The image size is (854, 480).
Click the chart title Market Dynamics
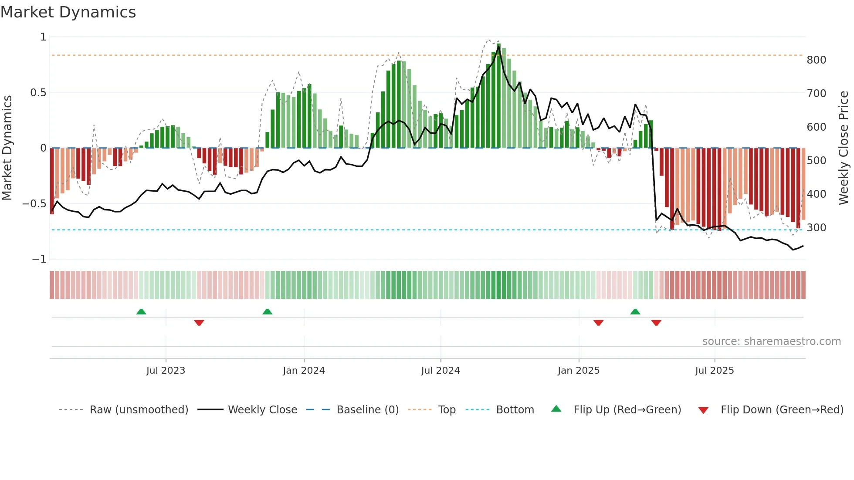(68, 12)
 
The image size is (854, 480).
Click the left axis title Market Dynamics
(7, 148)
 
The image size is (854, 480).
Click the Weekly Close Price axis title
(844, 148)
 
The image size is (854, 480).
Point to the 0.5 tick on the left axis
(38, 93)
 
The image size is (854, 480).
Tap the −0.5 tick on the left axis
(34, 204)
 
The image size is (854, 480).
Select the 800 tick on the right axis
(816, 60)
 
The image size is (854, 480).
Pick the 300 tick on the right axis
(816, 228)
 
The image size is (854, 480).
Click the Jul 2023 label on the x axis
(166, 371)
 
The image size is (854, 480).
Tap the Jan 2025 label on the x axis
(578, 371)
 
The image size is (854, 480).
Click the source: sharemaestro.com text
(771, 341)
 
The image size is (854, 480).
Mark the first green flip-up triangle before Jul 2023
(141, 312)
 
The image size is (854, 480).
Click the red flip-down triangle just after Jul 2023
(199, 323)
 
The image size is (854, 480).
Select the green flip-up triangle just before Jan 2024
(268, 312)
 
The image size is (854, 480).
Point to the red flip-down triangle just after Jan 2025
(598, 323)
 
